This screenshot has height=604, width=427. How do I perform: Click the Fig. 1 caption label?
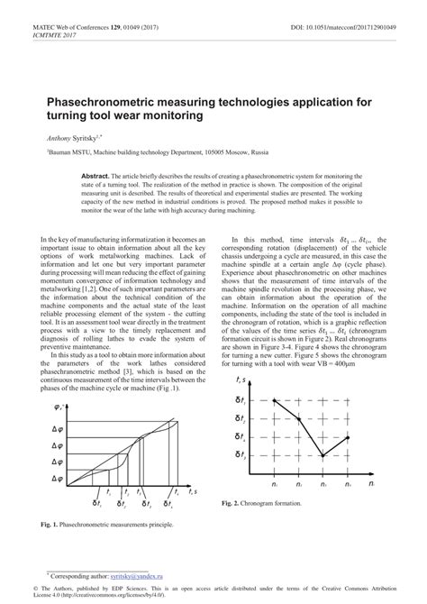[46, 524]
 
